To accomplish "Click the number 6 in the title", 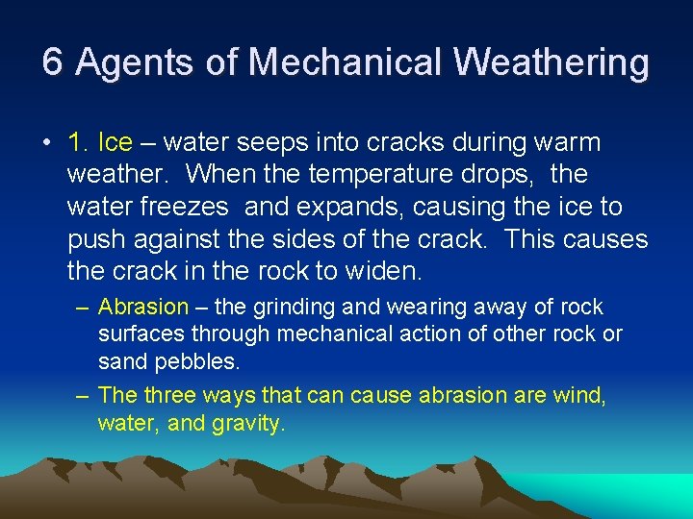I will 53,62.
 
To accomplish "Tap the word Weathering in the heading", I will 552,63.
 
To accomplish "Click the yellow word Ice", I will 115,143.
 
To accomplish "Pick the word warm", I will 571,143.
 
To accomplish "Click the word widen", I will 384,270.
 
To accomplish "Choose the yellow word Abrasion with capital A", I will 143,308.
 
